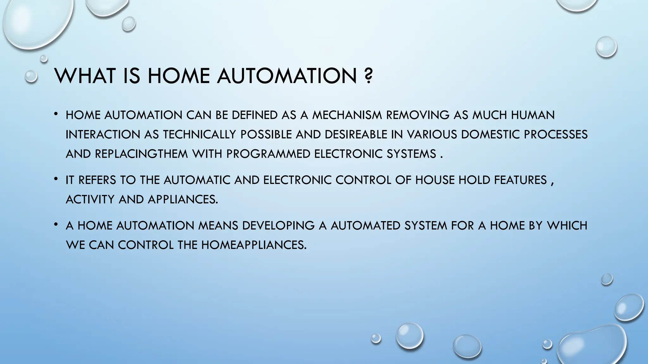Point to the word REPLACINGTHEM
[x=141, y=154]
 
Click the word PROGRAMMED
[x=268, y=154]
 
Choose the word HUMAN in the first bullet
[x=533, y=115]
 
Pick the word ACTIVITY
[x=90, y=200]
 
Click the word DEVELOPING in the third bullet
[x=278, y=226]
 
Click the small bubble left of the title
[x=31, y=76]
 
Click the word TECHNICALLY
[x=200, y=135]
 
